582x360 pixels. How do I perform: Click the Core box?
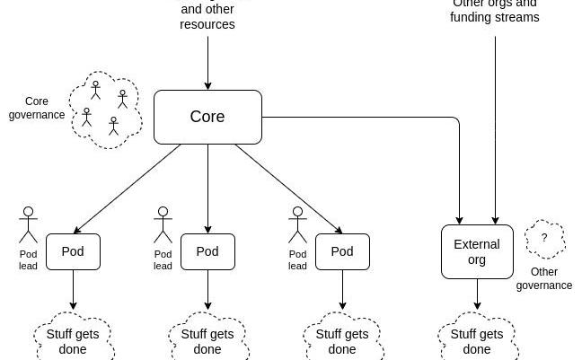tap(207, 117)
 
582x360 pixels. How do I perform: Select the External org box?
tap(477, 252)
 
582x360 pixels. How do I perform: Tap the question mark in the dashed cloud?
tap(544, 239)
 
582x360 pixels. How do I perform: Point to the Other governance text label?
tap(544, 278)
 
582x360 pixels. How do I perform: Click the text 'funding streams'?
tap(495, 17)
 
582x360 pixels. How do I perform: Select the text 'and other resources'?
tap(207, 17)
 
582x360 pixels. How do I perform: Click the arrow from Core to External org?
tap(377, 118)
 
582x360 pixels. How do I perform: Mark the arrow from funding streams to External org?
tap(495, 126)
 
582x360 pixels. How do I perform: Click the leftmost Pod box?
tap(73, 251)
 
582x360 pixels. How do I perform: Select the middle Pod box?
tap(207, 251)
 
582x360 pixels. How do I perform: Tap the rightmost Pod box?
tap(342, 251)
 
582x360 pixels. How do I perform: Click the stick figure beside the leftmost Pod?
tap(28, 225)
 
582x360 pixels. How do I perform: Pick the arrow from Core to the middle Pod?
tap(207, 189)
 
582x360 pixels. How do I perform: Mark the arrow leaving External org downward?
tap(477, 294)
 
